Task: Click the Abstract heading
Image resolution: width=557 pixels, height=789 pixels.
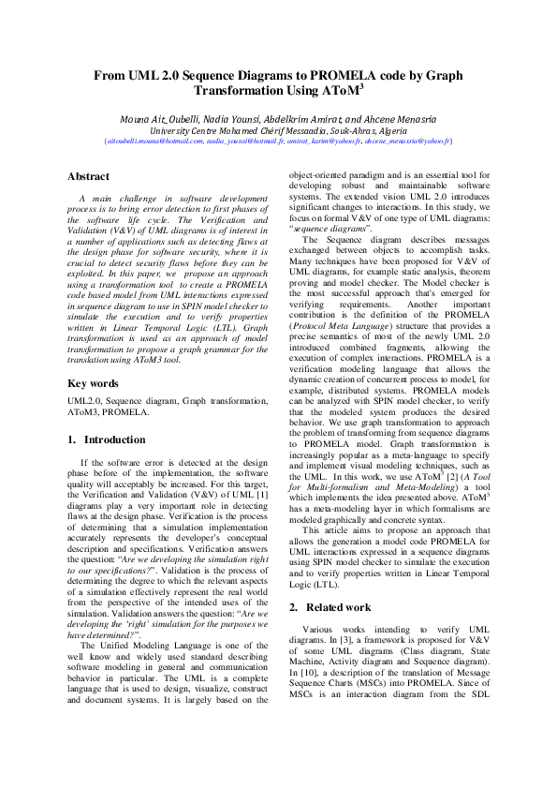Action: coord(89,176)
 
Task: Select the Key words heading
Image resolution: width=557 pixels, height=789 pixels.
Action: coord(93,383)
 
